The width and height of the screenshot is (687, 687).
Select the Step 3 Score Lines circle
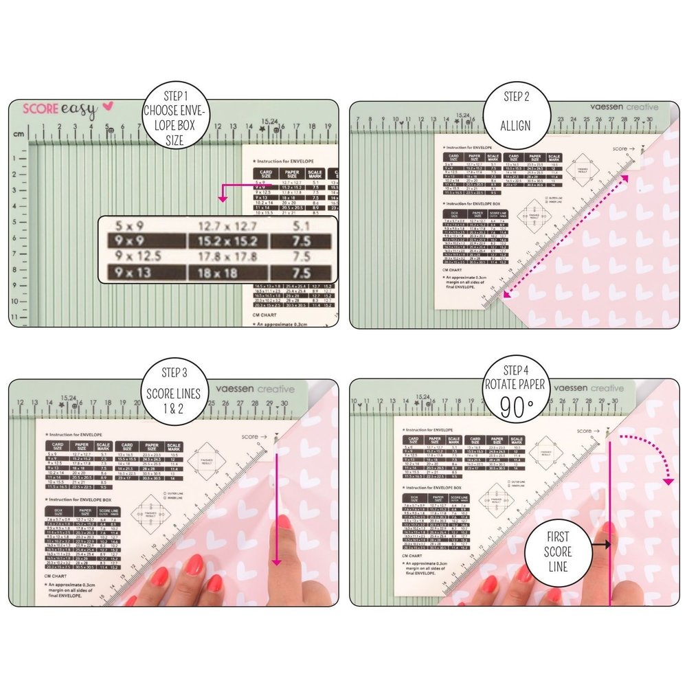(173, 394)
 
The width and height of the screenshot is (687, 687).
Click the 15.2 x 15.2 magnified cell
(228, 241)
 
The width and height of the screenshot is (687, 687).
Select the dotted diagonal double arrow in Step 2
(565, 237)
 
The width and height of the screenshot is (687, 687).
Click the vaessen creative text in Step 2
(624, 107)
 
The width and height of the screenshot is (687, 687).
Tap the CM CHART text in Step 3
(55, 574)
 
